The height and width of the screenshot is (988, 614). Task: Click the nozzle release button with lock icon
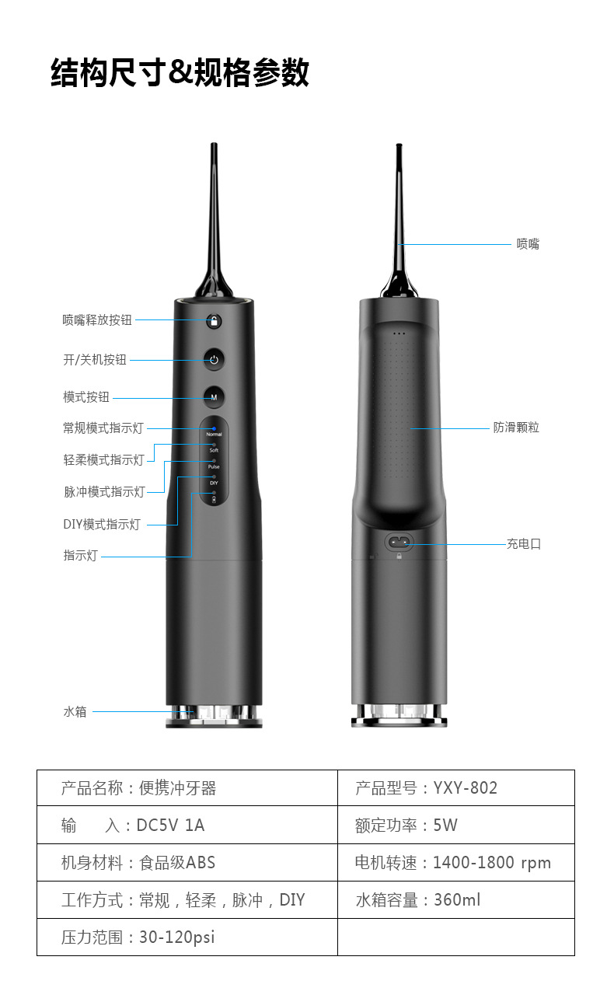(x=214, y=321)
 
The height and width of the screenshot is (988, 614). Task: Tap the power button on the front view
(x=214, y=359)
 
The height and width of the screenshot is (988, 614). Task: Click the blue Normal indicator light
(x=214, y=428)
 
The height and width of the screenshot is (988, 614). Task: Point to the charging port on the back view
(x=399, y=542)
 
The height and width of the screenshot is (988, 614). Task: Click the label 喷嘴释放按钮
(x=97, y=319)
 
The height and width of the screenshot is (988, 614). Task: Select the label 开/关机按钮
(x=94, y=360)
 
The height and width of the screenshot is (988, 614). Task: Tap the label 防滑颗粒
(x=516, y=427)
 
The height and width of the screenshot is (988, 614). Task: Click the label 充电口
(x=524, y=544)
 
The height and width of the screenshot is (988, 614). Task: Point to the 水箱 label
(x=75, y=711)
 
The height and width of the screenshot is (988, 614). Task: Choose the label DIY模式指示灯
(x=102, y=524)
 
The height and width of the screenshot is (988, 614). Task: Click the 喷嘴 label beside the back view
(x=528, y=243)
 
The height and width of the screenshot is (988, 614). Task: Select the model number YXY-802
(x=466, y=787)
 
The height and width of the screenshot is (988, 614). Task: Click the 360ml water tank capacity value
(x=457, y=900)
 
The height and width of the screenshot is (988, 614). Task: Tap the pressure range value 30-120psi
(x=177, y=937)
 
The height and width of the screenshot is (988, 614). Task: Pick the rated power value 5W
(x=445, y=825)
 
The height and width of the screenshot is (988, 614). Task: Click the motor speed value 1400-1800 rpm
(x=492, y=863)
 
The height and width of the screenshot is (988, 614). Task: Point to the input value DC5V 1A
(x=170, y=825)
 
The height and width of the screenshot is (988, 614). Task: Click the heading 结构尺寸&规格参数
(x=180, y=72)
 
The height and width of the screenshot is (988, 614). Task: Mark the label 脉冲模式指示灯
(x=104, y=491)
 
